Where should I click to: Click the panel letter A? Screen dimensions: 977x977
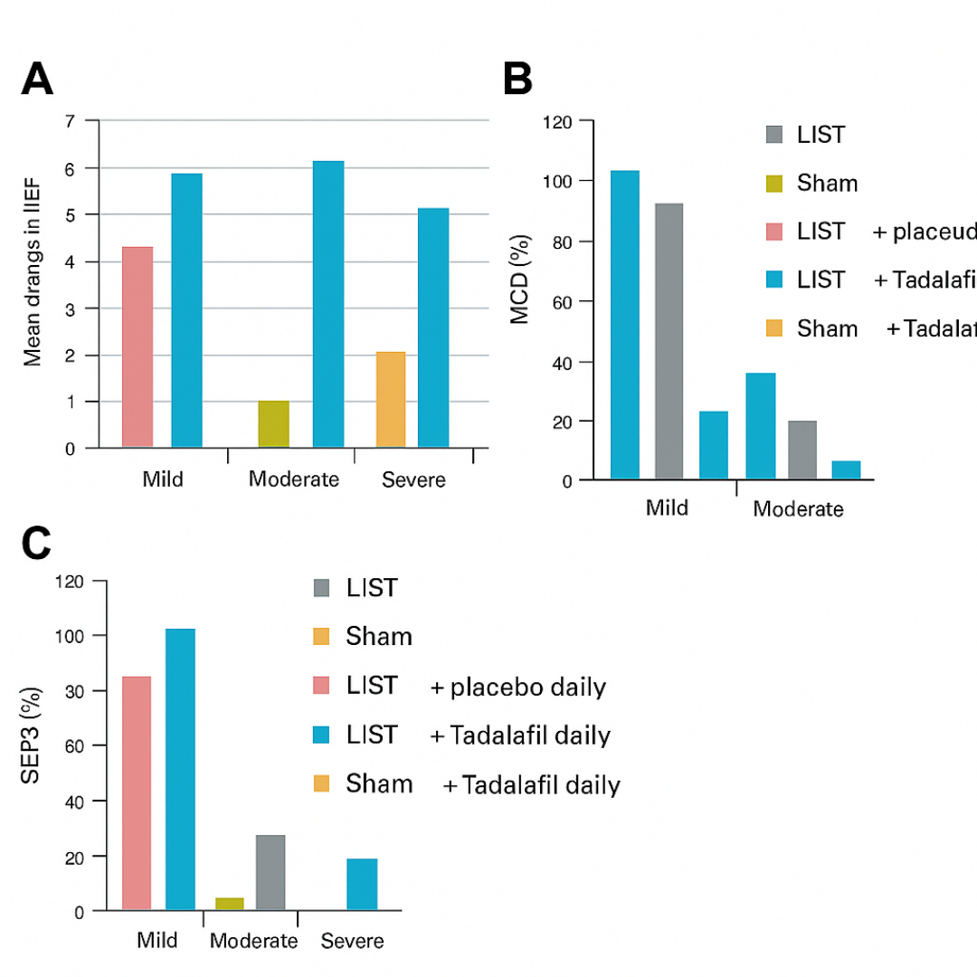(37, 81)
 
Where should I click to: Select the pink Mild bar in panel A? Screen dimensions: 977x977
(138, 346)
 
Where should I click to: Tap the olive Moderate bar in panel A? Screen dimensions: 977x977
(273, 424)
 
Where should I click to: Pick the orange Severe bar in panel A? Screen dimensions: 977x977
(390, 399)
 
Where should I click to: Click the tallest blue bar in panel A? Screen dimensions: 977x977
(327, 304)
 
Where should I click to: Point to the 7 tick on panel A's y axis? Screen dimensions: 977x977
(69, 120)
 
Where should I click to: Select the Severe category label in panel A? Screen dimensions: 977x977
(413, 479)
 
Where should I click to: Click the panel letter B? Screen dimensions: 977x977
(517, 81)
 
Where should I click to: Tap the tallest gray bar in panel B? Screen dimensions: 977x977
(669, 341)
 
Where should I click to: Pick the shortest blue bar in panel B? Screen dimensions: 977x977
(846, 470)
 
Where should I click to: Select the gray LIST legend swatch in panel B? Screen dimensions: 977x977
(773, 135)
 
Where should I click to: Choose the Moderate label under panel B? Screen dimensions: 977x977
(798, 508)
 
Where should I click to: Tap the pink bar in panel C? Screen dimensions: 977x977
(137, 792)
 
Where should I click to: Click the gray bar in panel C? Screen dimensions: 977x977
(270, 872)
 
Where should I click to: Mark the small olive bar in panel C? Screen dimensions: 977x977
(230, 903)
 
